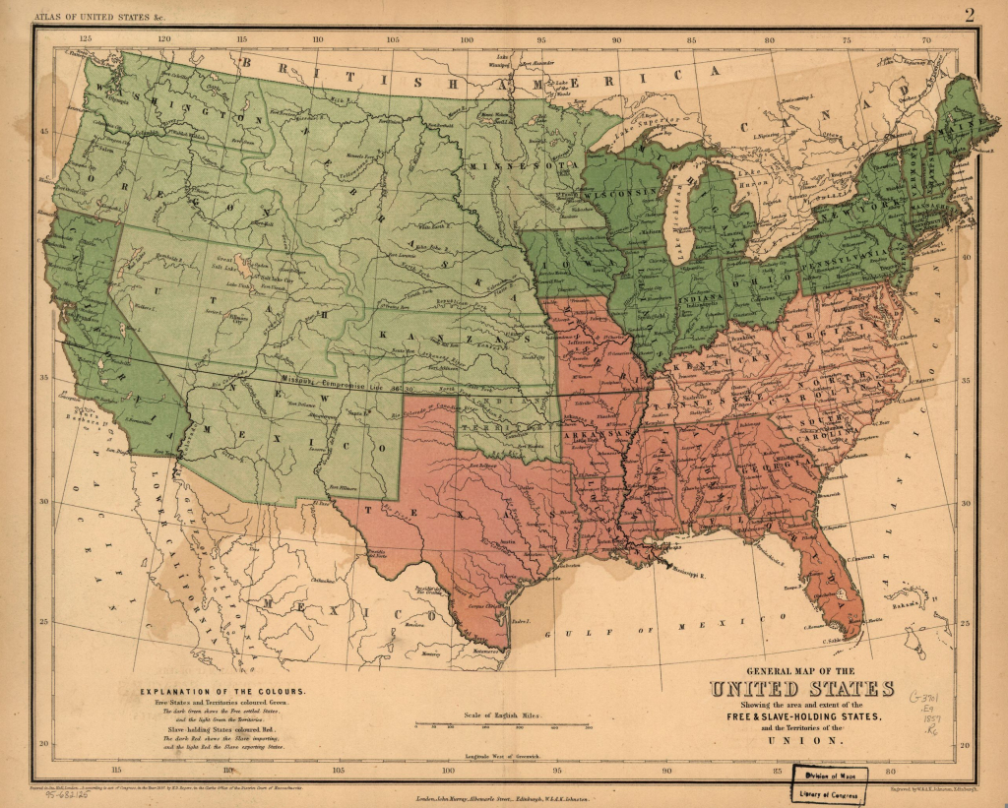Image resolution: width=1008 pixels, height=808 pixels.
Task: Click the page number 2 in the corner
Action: [x=969, y=14]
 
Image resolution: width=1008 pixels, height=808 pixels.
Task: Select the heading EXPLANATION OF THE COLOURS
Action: [x=221, y=691]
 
